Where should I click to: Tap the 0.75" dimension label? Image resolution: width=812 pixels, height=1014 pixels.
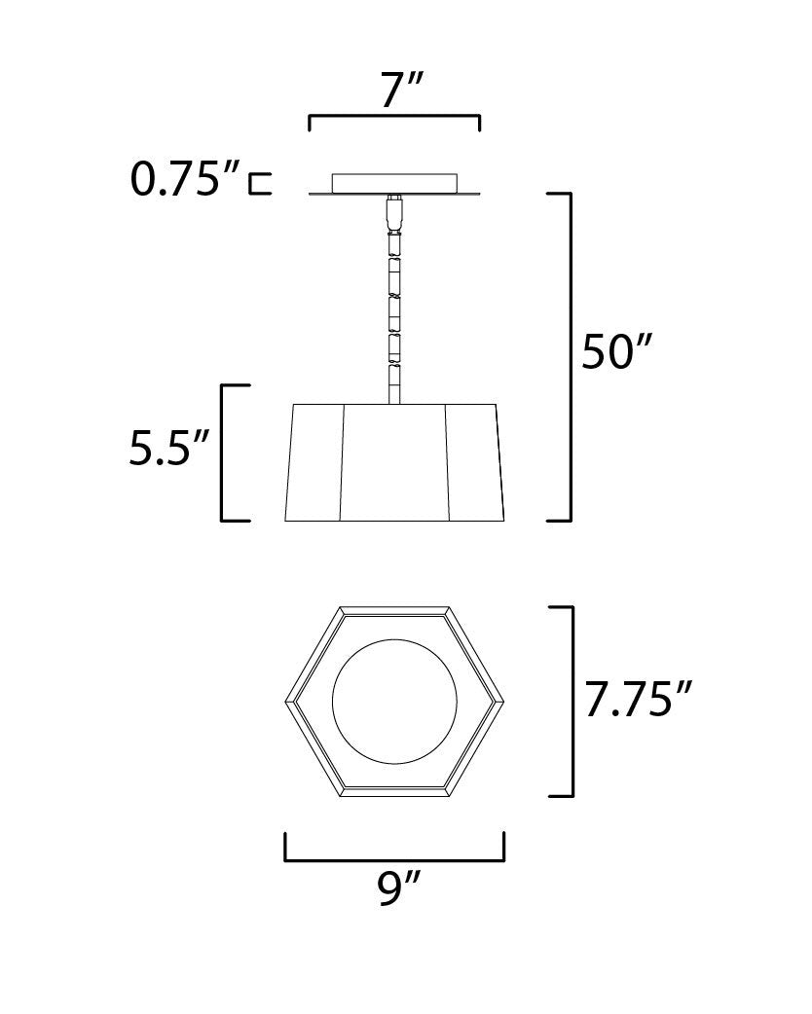pos(186,180)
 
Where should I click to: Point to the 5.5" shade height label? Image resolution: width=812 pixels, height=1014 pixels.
pos(168,450)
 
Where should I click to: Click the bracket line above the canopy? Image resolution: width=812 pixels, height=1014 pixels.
pos(394,117)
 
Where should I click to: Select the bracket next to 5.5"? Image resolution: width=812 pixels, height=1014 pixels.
pos(224,453)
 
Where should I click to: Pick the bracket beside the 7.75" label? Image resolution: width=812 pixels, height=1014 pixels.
pos(572,701)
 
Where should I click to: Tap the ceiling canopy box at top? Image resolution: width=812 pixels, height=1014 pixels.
pos(394,183)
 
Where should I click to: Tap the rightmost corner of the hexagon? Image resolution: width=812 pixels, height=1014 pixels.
pos(503,701)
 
